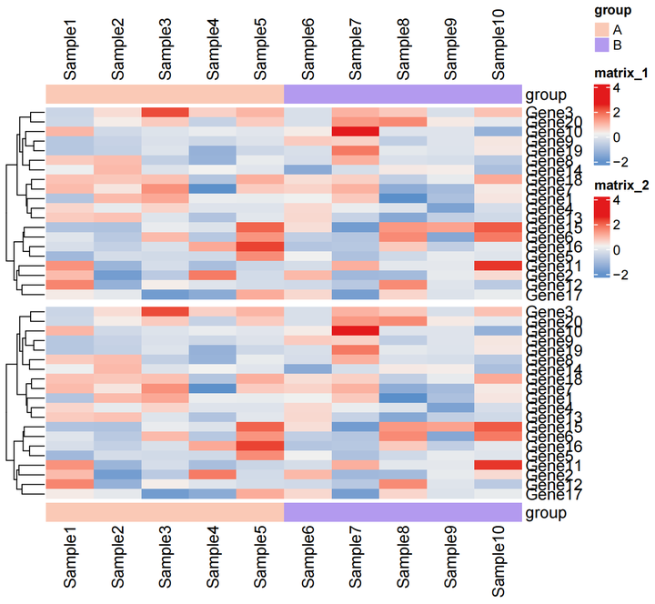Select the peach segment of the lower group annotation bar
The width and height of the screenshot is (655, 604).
pos(165,513)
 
